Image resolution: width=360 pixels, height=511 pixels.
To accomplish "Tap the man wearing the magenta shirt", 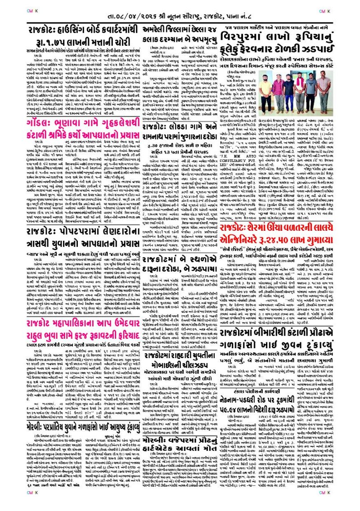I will (279, 88).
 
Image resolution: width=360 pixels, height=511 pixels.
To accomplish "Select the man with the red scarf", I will (299, 87).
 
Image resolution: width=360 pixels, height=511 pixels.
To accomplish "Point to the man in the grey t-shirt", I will (311, 87).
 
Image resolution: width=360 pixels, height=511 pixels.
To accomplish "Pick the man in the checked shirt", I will (324, 87).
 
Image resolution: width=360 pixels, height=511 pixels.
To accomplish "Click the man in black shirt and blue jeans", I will (289, 89).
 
